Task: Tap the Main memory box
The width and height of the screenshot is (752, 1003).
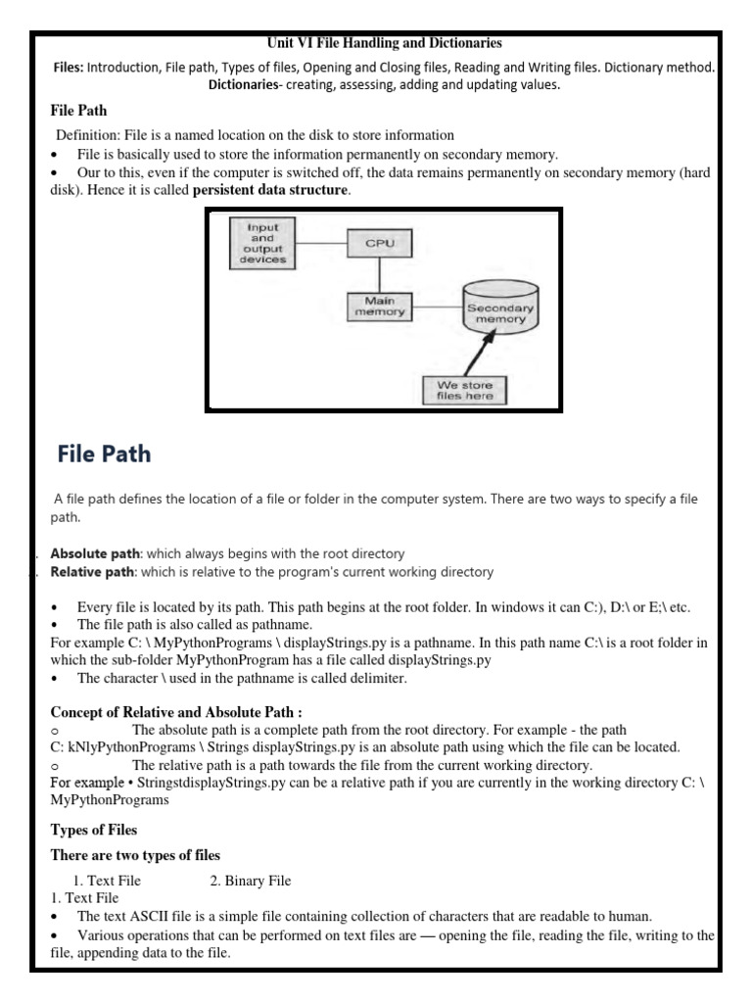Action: [x=378, y=306]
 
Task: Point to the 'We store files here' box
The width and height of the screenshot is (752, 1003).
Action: [x=465, y=391]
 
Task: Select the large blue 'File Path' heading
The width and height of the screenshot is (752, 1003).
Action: [x=104, y=454]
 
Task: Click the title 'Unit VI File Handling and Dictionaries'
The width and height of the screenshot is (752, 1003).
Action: [x=384, y=43]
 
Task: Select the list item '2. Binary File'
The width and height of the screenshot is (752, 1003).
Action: [x=250, y=881]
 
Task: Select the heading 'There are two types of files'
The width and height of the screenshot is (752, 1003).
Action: [x=135, y=855]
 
